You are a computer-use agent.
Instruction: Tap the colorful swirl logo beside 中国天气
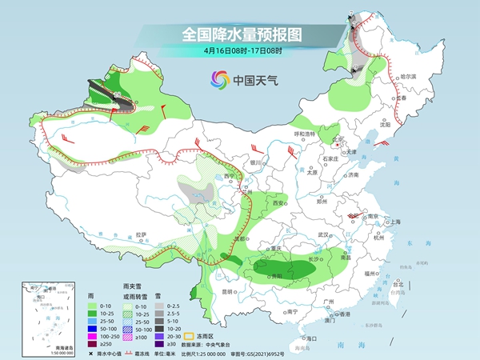pyautogui.click(x=218, y=79)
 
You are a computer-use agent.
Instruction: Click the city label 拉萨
pyautogui.click(x=142, y=234)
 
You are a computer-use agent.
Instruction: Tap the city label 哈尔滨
pyautogui.click(x=408, y=75)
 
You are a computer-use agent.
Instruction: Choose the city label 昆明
pyautogui.click(x=229, y=291)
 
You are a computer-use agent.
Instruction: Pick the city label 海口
pyautogui.click(x=298, y=338)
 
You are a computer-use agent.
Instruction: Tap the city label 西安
pyautogui.click(x=278, y=204)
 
